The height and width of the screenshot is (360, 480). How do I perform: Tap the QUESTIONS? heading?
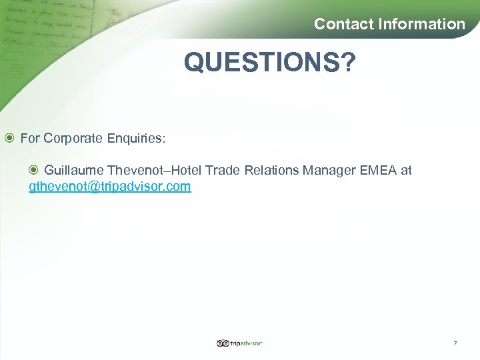(x=270, y=63)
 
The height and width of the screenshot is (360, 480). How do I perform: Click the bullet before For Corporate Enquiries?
(x=9, y=139)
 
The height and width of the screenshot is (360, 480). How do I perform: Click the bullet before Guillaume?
(x=34, y=170)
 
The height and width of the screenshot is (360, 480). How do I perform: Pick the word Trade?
(x=223, y=170)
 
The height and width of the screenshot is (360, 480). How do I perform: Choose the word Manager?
(x=329, y=170)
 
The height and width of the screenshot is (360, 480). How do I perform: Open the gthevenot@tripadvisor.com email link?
(x=110, y=187)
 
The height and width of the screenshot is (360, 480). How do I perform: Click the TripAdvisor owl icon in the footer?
(x=222, y=343)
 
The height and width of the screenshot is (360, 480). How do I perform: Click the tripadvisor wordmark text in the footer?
(x=246, y=343)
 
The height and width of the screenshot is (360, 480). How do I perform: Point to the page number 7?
(x=455, y=343)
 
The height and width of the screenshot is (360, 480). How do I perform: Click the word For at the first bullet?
(x=30, y=139)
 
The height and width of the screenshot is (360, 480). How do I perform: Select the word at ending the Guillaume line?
(x=406, y=170)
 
